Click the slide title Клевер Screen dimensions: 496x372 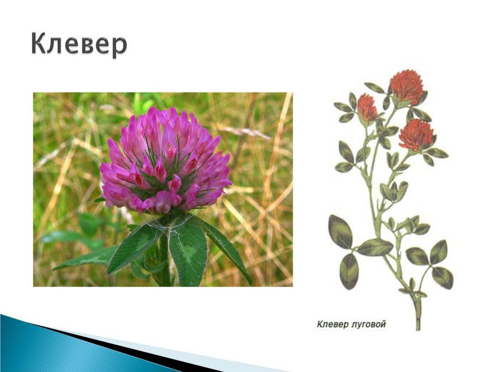[79, 45]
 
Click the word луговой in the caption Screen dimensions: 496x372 [368, 325]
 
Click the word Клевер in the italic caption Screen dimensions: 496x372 [332, 325]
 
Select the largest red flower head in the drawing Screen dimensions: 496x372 [407, 87]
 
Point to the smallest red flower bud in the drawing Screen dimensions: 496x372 [367, 108]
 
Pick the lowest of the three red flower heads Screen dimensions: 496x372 [416, 135]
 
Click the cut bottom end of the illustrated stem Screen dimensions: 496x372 [418, 329]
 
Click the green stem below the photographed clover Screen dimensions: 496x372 [165, 263]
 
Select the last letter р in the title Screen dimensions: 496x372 [120, 47]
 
